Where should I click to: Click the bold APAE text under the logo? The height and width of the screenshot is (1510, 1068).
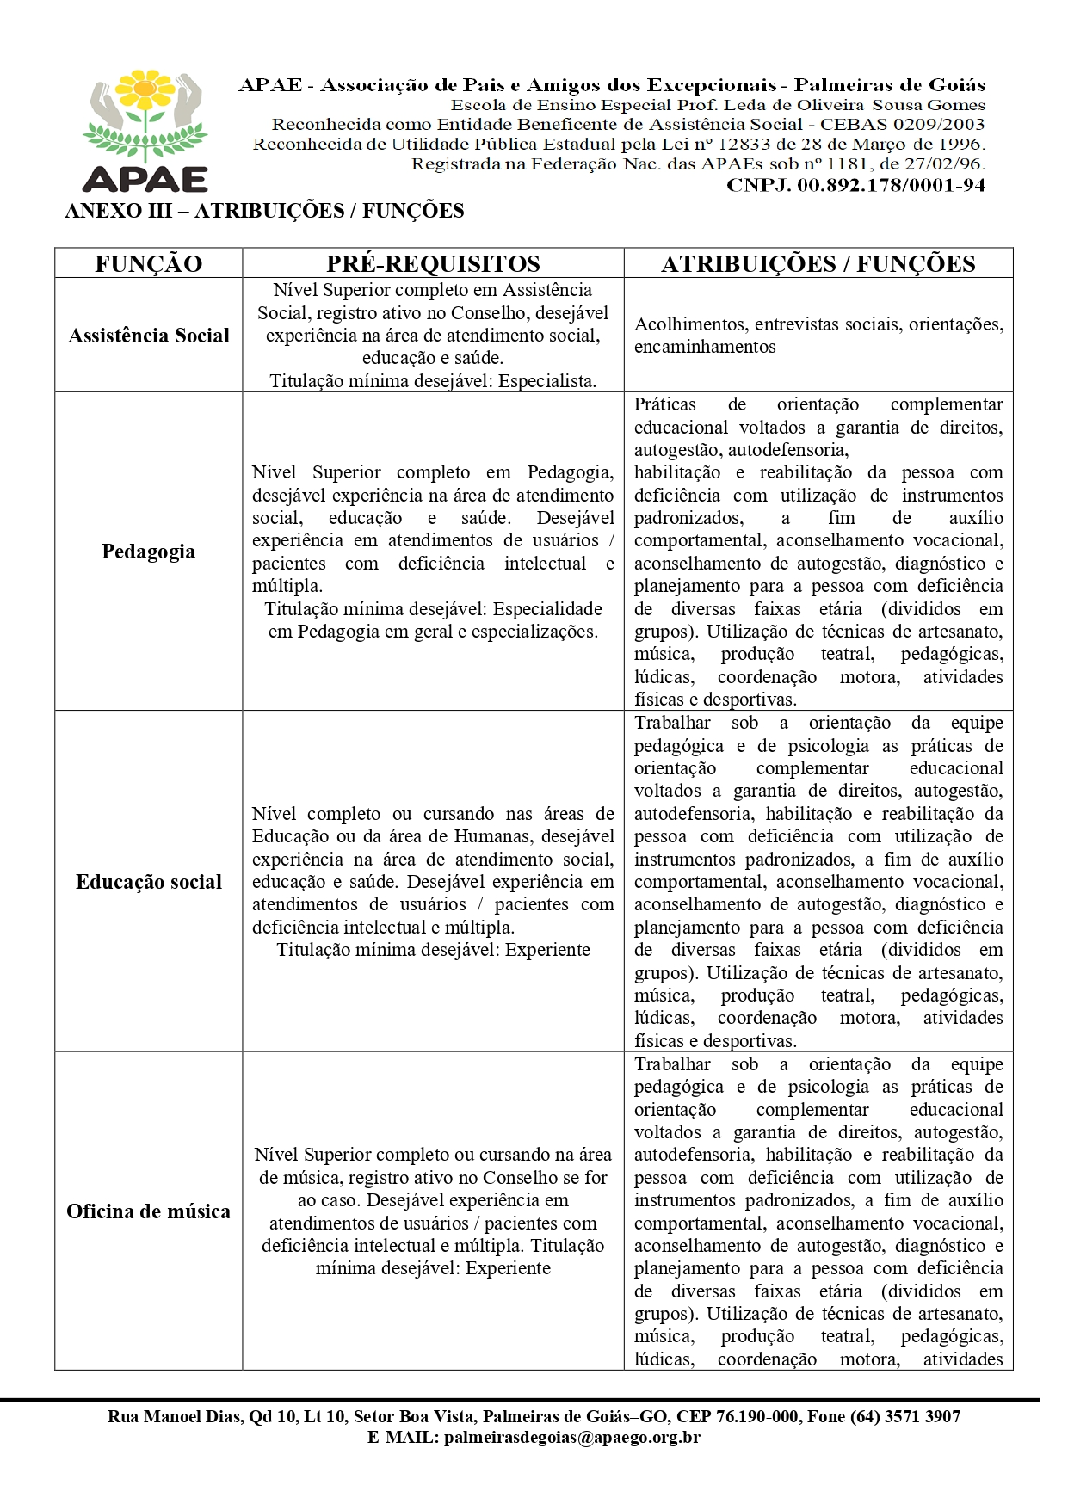click(145, 178)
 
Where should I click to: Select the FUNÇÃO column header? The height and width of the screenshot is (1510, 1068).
click(148, 263)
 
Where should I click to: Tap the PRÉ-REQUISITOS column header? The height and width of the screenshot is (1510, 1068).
click(433, 263)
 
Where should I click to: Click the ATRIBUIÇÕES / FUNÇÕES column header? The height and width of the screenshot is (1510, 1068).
click(818, 263)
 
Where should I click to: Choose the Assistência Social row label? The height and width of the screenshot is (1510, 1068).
click(149, 336)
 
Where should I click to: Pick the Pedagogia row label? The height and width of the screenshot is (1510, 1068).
click(148, 552)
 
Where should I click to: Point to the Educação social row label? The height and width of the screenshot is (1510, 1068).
click(149, 882)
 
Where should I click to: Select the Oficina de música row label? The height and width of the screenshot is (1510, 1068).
click(148, 1211)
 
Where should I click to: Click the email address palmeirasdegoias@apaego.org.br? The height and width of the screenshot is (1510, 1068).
click(571, 1437)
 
